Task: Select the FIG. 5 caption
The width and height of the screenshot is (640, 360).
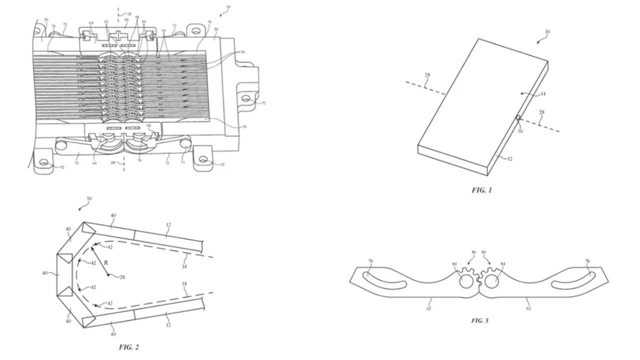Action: [x=480, y=320]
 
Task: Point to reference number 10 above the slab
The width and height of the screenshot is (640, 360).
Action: [x=547, y=31]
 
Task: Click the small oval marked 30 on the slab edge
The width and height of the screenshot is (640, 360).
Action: [x=518, y=118]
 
